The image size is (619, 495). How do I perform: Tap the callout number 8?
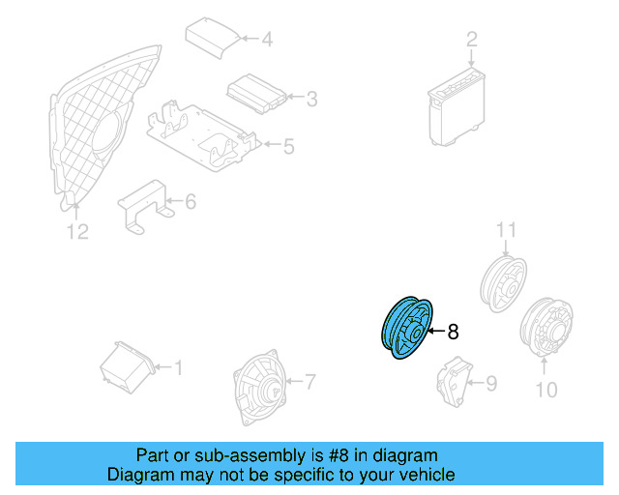[453, 332]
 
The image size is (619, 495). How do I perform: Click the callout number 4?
[267, 40]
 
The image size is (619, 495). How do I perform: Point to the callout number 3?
[311, 98]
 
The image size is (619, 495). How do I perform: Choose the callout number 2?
[472, 40]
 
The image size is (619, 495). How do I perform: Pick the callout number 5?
[288, 147]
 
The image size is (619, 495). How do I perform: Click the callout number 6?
[191, 202]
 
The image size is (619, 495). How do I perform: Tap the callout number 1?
[177, 367]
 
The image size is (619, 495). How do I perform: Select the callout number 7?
[309, 381]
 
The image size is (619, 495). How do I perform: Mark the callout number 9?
[491, 384]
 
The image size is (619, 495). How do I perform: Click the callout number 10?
[546, 390]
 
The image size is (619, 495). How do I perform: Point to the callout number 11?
[502, 230]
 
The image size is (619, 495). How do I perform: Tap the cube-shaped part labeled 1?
[127, 366]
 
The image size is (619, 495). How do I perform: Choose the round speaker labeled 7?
[261, 386]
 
